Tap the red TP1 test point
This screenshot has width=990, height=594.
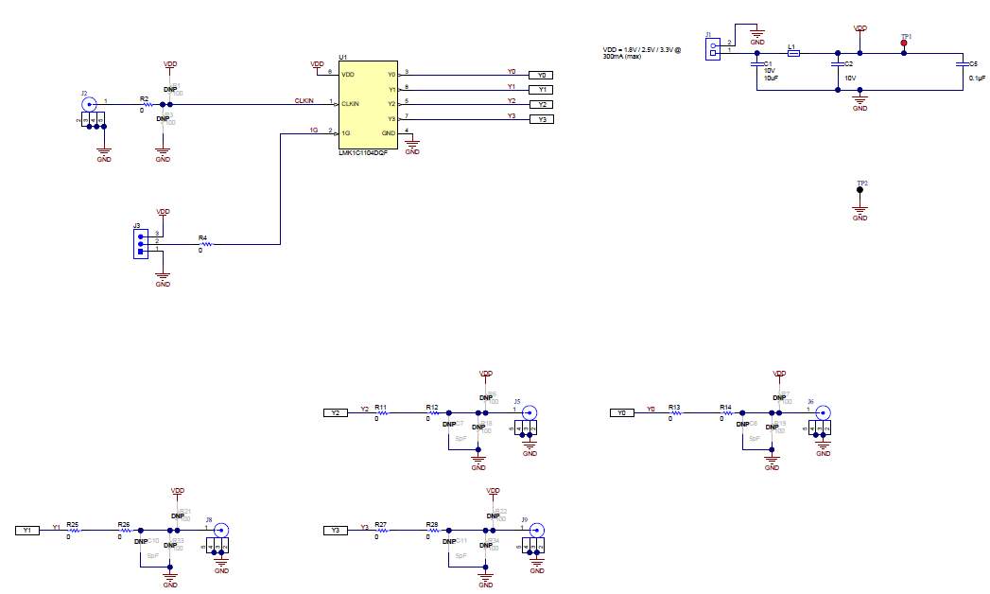tap(905, 44)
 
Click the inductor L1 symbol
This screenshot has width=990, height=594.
tap(793, 53)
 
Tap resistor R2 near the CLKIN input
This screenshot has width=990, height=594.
tap(145, 104)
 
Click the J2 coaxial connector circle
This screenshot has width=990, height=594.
tap(90, 104)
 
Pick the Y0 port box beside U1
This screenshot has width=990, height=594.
tap(541, 75)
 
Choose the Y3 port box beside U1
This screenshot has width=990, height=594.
tap(541, 119)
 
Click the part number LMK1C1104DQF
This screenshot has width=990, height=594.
tap(363, 152)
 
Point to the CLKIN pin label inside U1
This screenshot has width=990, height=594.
tap(352, 103)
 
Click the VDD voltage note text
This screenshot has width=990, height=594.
tap(641, 52)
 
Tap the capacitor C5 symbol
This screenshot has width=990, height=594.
tap(962, 65)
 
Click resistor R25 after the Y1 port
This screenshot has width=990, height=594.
tap(73, 531)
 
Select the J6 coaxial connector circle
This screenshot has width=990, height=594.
tap(823, 412)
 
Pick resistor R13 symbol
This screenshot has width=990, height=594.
tap(674, 412)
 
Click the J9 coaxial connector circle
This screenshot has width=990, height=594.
tap(535, 531)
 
